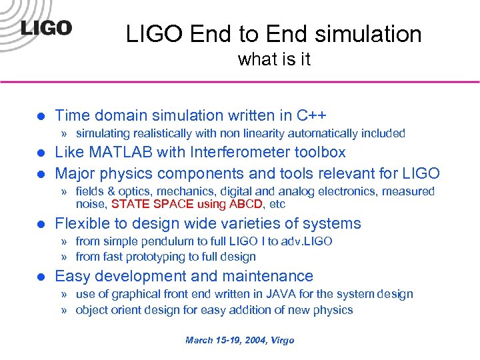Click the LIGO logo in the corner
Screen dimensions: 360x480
click(x=45, y=29)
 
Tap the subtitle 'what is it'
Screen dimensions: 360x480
click(x=274, y=60)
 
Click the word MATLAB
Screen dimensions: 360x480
click(x=119, y=152)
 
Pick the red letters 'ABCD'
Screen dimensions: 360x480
click(x=245, y=204)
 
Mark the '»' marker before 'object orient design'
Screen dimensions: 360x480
click(x=64, y=310)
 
